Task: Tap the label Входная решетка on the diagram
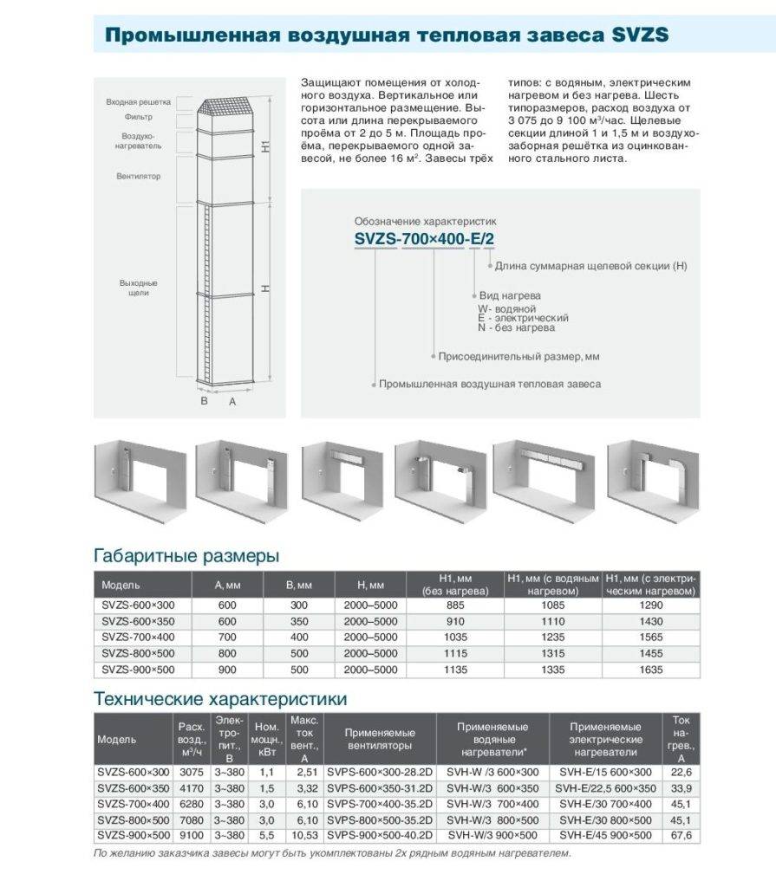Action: [x=140, y=101]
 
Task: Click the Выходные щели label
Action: [x=139, y=288]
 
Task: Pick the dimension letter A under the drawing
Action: [x=231, y=402]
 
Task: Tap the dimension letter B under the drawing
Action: [x=204, y=402]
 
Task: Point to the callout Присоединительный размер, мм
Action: [x=519, y=356]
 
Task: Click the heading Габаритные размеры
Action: [x=186, y=555]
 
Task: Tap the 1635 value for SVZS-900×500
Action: [x=650, y=670]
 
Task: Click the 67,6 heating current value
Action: [x=681, y=835]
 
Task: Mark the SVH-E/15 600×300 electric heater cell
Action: [x=604, y=772]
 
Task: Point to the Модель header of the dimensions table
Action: [x=121, y=586]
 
